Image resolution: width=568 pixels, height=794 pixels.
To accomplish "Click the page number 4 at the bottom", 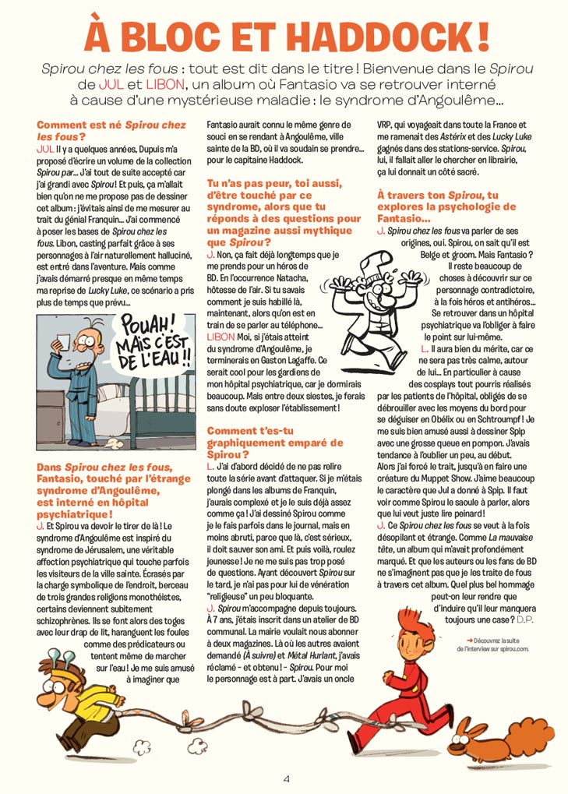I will point(286,778).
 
